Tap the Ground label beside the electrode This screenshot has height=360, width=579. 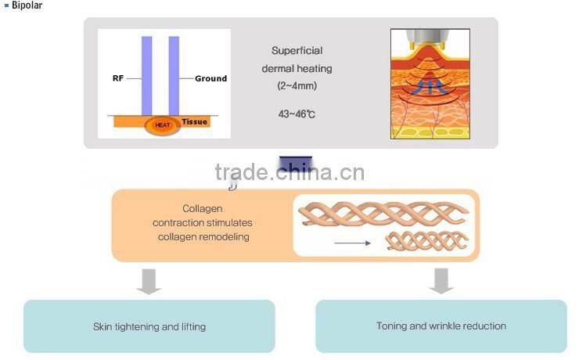click(x=210, y=78)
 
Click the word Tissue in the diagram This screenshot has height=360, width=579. click(x=195, y=121)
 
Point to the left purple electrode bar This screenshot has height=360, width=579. click(x=146, y=74)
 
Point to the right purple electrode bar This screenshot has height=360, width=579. click(x=174, y=74)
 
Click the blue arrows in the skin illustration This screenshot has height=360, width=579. click(x=430, y=87)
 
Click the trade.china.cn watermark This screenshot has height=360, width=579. click(x=289, y=172)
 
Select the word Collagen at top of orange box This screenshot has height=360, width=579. click(x=203, y=209)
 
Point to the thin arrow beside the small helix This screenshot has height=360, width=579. click(x=351, y=243)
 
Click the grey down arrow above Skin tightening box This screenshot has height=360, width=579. click(x=149, y=281)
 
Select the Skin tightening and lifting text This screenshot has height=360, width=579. click(x=149, y=326)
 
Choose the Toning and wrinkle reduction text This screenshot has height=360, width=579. click(x=441, y=326)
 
